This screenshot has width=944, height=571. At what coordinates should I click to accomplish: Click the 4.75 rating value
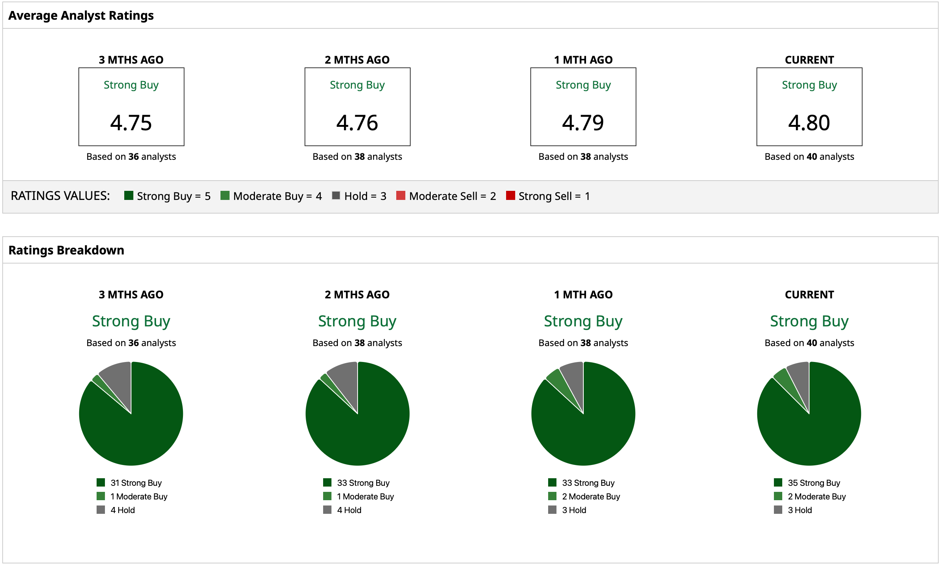tap(131, 123)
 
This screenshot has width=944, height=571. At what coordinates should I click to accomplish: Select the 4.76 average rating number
tap(357, 123)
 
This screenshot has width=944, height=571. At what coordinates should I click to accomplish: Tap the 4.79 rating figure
tap(583, 123)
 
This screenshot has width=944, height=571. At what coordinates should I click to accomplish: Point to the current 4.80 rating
tap(809, 123)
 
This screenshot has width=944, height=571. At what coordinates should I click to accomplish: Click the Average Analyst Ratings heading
tap(81, 15)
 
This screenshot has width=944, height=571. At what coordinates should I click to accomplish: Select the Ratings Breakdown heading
tap(66, 250)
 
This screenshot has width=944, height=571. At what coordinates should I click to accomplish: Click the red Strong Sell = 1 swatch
tap(510, 195)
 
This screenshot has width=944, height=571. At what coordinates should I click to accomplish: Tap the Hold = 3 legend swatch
tap(336, 195)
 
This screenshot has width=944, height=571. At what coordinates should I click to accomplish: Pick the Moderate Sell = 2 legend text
tap(452, 196)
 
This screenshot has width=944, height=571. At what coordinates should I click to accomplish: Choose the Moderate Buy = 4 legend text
tap(277, 196)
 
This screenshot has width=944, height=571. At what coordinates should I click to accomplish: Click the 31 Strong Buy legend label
tap(136, 482)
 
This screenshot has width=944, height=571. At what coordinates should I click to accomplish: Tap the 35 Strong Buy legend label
tap(814, 482)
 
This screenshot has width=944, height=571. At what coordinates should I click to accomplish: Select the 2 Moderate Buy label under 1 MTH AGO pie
tap(591, 496)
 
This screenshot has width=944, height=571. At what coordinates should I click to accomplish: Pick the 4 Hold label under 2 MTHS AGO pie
tap(349, 510)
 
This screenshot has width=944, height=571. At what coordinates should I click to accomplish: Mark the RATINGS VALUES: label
tap(60, 196)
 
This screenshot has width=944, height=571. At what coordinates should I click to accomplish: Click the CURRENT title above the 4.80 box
tap(809, 60)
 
